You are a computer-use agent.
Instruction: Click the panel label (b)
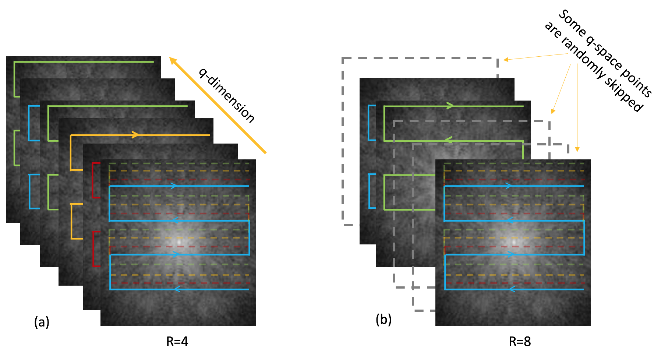pyautogui.click(x=383, y=319)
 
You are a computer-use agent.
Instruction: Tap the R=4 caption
pyautogui.click(x=177, y=342)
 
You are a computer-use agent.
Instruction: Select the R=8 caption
pyautogui.click(x=520, y=342)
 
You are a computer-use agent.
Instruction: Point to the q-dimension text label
pyautogui.click(x=226, y=95)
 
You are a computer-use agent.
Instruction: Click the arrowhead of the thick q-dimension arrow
pyautogui.click(x=172, y=60)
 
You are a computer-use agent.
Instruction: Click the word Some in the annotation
pyautogui.click(x=572, y=23)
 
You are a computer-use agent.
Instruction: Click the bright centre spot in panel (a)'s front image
pyautogui.click(x=180, y=242)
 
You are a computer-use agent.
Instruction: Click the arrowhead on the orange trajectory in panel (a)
pyautogui.click(x=135, y=135)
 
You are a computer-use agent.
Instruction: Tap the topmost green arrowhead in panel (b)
pyautogui.click(x=450, y=106)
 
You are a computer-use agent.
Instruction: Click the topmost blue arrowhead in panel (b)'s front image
pyautogui.click(x=508, y=186)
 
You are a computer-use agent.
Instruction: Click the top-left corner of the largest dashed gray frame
pyautogui.click(x=343, y=58)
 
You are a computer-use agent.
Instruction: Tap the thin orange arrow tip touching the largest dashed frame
pyautogui.click(x=505, y=60)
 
